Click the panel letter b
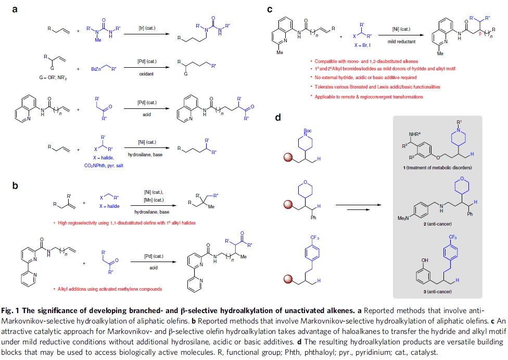[16, 185]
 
